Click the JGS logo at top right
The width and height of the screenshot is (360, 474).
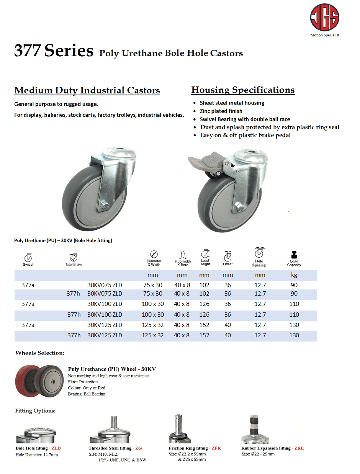tap(324, 18)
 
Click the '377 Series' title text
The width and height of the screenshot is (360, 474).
tap(54, 51)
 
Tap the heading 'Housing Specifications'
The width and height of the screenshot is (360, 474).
tap(243, 90)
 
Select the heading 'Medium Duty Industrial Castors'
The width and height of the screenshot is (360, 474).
tap(87, 90)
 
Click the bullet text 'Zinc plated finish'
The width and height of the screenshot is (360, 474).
tap(221, 111)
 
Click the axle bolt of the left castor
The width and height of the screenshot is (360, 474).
tap(103, 203)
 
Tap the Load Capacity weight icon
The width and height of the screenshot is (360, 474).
tap(294, 255)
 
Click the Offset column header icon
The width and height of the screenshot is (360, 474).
tap(228, 255)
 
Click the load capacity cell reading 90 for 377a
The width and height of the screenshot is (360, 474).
tap(294, 285)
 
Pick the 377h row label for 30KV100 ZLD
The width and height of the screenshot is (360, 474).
tap(74, 315)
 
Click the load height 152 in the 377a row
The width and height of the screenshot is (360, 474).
tap(204, 325)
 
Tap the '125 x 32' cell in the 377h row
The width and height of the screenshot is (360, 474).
tap(152, 335)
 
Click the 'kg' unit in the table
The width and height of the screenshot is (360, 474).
tap(294, 275)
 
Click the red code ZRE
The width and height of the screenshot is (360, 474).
tap(299, 448)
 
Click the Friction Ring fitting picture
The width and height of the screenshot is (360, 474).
tap(179, 428)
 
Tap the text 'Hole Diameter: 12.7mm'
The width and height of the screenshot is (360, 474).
tap(37, 454)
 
